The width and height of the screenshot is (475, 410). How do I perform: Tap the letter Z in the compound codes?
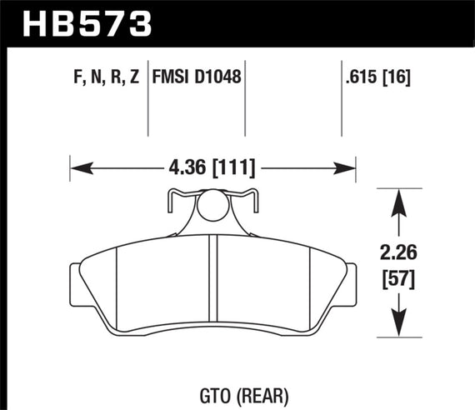pyautogui.click(x=134, y=78)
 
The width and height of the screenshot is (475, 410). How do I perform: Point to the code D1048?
pyautogui.click(x=219, y=78)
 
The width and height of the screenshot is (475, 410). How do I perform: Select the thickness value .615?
pyautogui.click(x=361, y=78)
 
